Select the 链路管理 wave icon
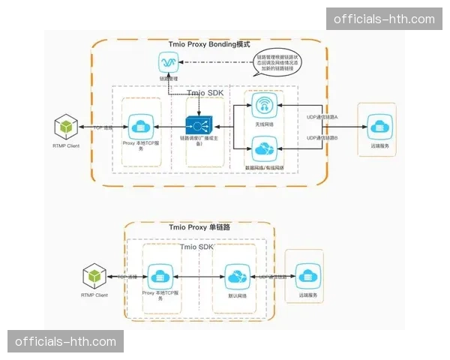[x=168, y=61]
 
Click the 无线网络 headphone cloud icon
[x=262, y=105]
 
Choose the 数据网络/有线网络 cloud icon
[x=262, y=148]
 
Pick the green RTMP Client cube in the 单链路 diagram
[x=94, y=276]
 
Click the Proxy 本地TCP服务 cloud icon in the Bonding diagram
[x=140, y=124]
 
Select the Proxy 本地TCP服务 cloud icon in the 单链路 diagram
[x=160, y=275]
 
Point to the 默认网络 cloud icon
[x=235, y=277]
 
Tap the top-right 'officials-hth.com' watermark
[x=384, y=19]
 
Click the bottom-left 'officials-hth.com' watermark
[x=66, y=342]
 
